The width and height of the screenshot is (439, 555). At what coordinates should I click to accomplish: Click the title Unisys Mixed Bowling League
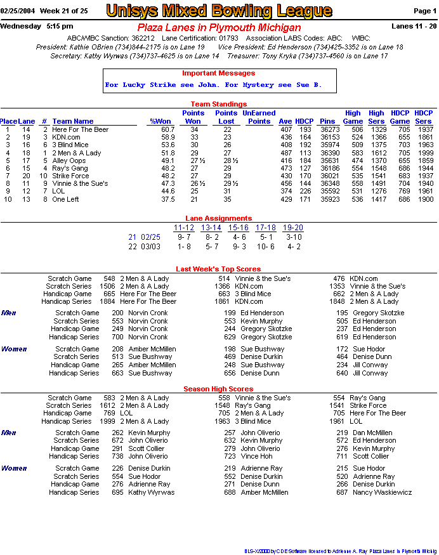219,11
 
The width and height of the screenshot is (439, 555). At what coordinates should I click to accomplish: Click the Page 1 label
424,11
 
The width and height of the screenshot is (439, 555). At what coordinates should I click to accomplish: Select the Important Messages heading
218,74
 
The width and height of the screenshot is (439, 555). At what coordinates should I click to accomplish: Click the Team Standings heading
219,104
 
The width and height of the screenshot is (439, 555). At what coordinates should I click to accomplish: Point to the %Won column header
161,121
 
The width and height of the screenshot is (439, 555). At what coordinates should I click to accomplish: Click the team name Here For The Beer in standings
81,129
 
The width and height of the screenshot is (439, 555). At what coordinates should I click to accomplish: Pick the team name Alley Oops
69,160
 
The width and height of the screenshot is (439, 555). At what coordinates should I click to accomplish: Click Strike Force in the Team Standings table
70,176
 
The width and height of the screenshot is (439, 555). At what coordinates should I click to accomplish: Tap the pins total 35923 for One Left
330,199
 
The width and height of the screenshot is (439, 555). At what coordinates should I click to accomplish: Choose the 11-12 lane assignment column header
184,228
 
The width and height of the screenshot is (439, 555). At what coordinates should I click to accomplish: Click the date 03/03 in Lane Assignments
151,246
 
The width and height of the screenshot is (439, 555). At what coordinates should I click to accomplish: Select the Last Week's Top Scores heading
218,270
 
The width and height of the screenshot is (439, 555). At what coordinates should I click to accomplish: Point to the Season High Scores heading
218,389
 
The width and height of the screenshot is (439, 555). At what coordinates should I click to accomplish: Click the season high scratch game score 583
109,398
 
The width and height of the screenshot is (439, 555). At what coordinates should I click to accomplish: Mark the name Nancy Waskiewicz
383,492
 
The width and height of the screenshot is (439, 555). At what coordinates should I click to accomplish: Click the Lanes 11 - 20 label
414,26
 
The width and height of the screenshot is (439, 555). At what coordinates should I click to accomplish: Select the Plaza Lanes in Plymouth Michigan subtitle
219,28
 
